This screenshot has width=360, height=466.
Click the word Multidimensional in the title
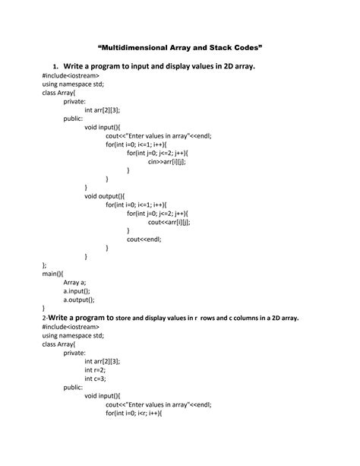click(141, 47)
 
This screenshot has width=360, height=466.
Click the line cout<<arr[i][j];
click(169, 222)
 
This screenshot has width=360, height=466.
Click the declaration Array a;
click(77, 282)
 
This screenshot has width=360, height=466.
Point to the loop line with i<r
click(136, 415)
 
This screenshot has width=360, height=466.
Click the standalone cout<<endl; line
click(144, 239)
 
